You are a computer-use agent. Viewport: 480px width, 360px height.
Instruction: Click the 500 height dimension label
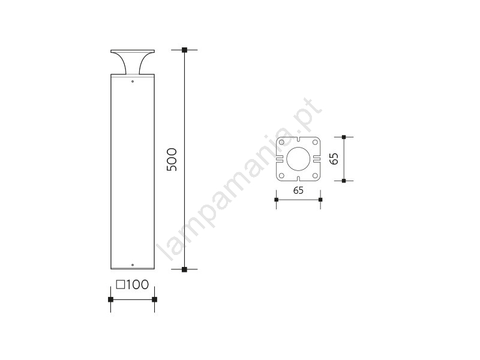[x=172, y=160]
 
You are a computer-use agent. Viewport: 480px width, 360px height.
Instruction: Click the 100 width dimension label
[x=137, y=284]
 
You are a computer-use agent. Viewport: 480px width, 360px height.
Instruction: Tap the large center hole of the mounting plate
[x=298, y=159]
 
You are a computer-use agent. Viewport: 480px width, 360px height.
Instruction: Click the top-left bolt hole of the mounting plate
[x=281, y=142]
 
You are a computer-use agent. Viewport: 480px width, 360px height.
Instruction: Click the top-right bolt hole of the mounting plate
[x=314, y=142]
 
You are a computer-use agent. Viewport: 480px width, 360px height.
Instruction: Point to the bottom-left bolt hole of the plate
[x=281, y=176]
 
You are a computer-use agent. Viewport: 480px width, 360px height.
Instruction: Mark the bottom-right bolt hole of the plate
[x=314, y=176]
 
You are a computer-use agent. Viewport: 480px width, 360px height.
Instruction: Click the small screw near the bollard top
[x=133, y=82]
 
